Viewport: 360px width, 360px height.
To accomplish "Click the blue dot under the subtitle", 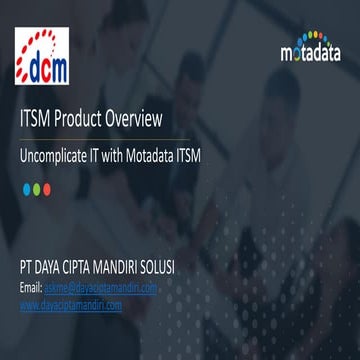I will tap(28, 189).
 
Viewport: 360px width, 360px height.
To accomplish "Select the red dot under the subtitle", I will tap(42, 189).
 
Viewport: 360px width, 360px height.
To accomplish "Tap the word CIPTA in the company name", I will tap(95, 269).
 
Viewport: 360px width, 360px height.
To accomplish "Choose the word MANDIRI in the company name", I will tap(143, 269).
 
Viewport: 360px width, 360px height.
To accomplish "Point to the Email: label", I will tap(30, 288).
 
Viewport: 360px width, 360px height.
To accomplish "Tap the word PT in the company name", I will tap(27, 269).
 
